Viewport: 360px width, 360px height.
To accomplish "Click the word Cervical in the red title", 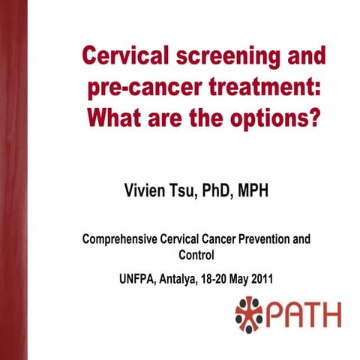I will tap(123, 56).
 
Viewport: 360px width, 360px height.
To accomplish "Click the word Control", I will tap(196, 255).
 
